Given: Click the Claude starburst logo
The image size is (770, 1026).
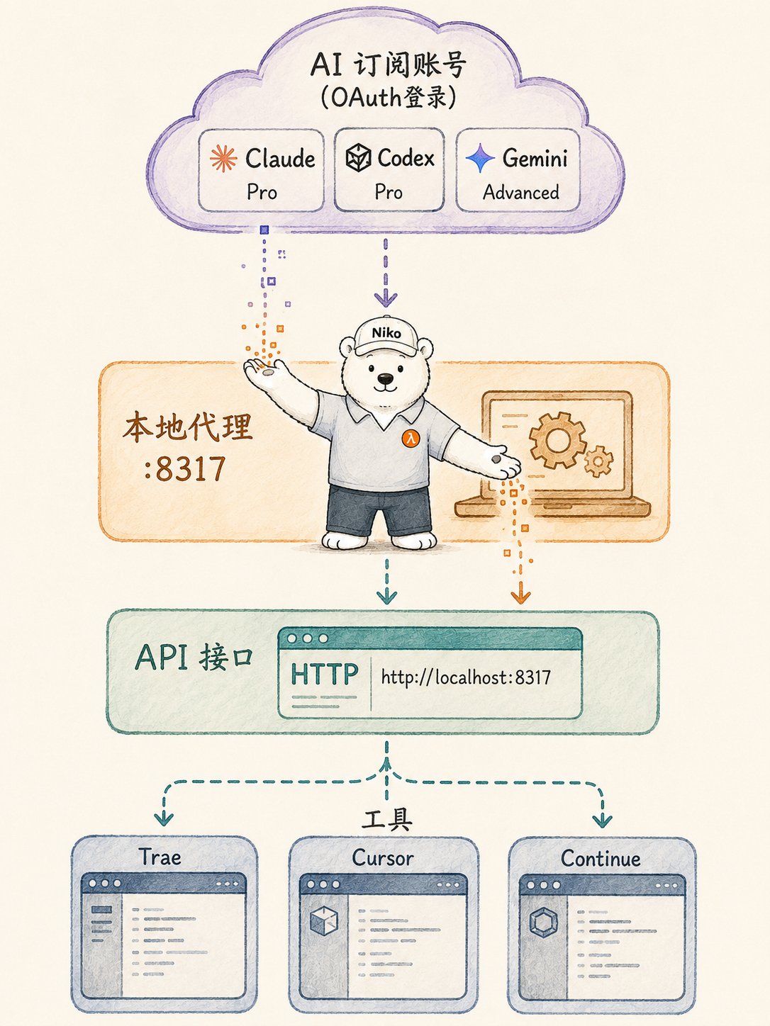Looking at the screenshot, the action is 223,159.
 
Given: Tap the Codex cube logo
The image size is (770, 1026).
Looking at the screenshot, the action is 358,158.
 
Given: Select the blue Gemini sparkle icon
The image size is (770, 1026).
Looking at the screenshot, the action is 480,159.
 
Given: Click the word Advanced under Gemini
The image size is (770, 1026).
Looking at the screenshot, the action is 521,192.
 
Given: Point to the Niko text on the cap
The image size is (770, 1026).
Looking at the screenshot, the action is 386,333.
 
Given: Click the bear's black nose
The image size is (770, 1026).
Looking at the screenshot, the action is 385,378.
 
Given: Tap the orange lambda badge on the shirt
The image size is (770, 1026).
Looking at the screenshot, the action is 411,439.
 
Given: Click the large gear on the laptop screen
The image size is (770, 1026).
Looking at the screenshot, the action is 558,440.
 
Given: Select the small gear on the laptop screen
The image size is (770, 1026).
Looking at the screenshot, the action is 598,461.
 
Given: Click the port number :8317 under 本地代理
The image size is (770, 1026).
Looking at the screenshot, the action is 185,469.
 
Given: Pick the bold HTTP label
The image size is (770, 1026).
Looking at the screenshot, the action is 325,674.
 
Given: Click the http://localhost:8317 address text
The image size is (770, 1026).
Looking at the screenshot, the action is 466,677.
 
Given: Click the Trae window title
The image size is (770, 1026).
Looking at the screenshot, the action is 160,857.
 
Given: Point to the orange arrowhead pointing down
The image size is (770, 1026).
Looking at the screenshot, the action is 520,597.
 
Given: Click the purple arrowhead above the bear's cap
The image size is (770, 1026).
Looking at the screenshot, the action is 386,299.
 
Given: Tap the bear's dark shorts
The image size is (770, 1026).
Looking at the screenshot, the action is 379,509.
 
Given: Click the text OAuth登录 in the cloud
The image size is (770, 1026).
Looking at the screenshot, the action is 389,98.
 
